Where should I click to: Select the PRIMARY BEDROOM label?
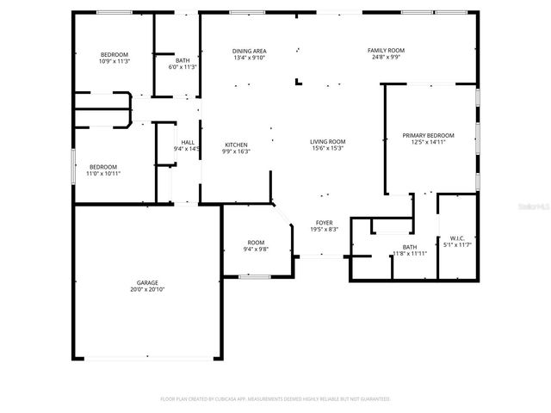point(428,136)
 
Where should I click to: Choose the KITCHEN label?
point(237,145)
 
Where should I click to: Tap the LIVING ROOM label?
point(327,141)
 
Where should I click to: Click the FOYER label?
point(324,222)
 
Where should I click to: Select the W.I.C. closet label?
point(456,238)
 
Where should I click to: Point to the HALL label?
point(187,142)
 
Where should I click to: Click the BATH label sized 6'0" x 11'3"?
point(183,60)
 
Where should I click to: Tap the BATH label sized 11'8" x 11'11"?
point(410,247)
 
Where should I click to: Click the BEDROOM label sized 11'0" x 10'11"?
point(103,166)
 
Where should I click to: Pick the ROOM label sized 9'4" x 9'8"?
point(256,243)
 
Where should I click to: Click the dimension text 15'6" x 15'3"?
point(327,148)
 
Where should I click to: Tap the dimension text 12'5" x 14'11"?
point(428,143)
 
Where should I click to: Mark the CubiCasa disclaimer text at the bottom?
point(275,398)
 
